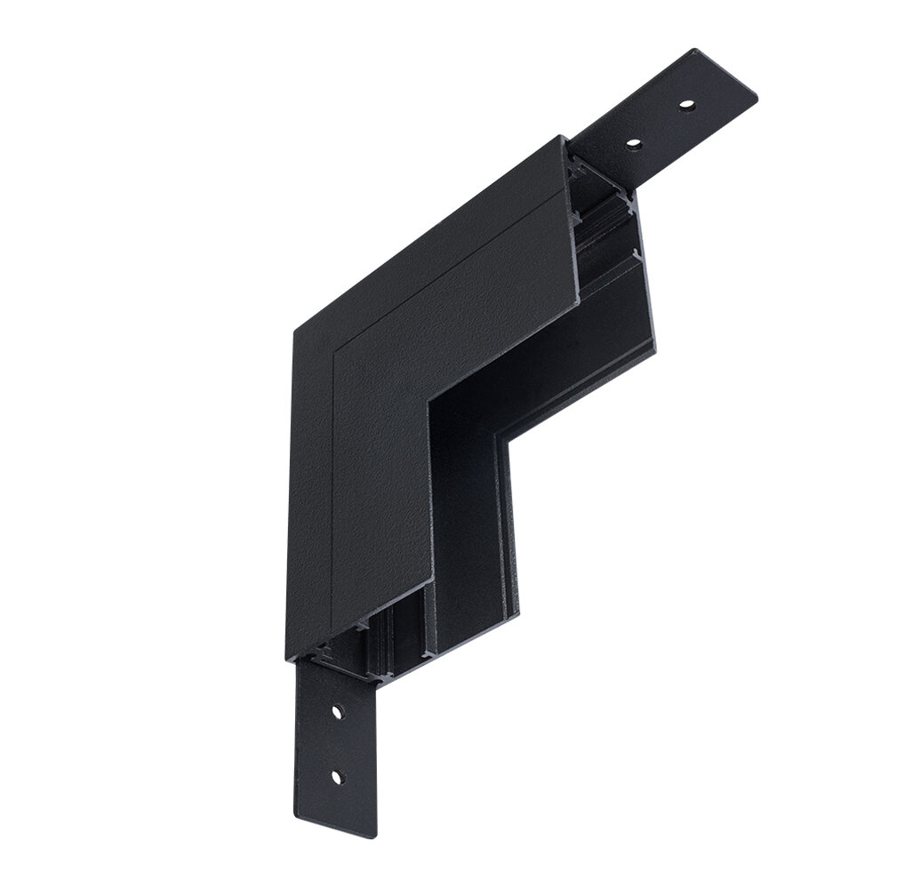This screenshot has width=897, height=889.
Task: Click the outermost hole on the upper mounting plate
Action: (x=686, y=105)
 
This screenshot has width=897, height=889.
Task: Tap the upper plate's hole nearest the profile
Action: (x=633, y=142)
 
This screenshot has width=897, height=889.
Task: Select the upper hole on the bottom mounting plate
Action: (x=338, y=712)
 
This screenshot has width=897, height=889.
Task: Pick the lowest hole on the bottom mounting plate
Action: (x=336, y=777)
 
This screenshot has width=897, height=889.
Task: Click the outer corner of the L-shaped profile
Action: (x=295, y=331)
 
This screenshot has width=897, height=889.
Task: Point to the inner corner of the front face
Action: (x=428, y=403)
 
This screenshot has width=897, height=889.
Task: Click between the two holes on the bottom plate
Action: (x=337, y=745)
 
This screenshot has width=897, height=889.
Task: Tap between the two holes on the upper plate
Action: (x=660, y=124)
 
